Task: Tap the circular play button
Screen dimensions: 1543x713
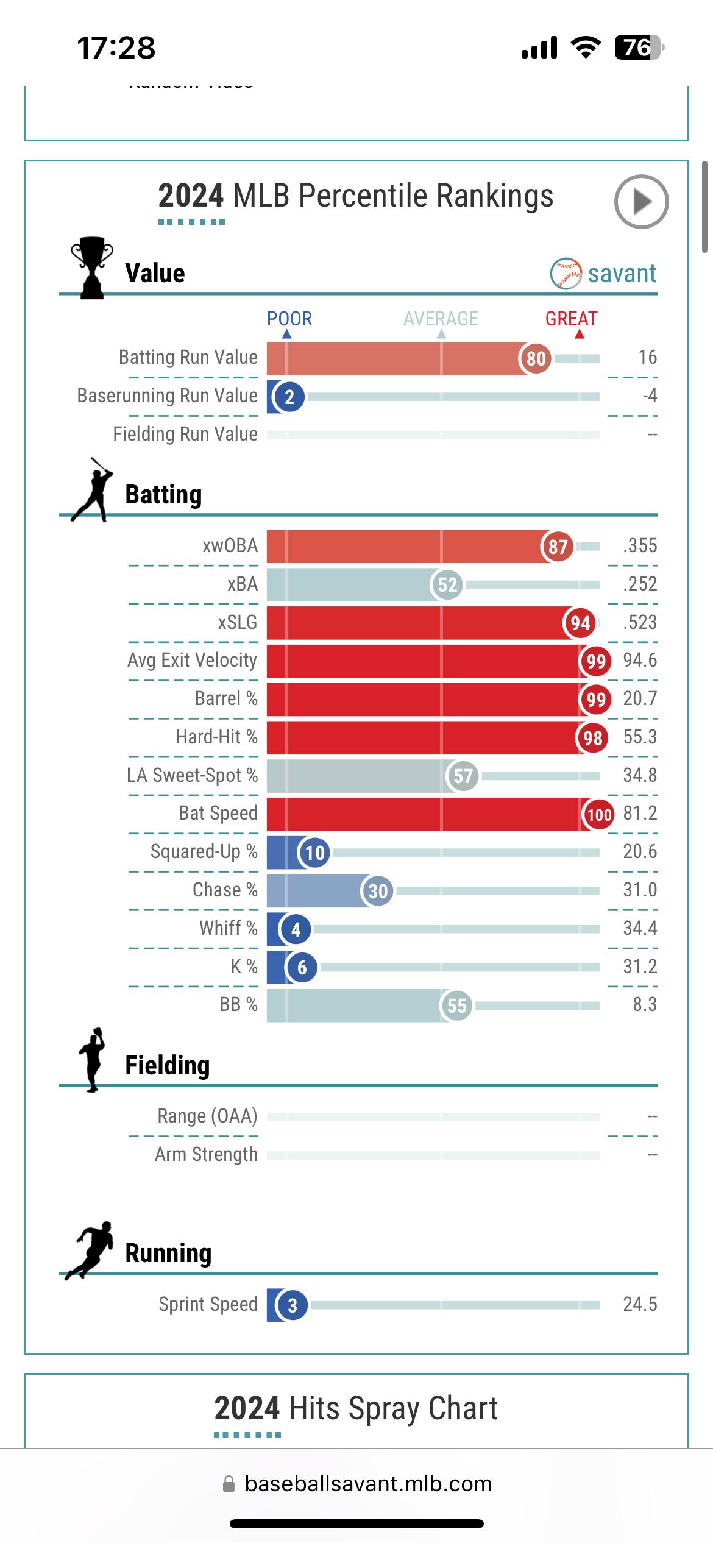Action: click(641, 202)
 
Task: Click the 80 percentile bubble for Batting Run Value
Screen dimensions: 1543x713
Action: click(536, 358)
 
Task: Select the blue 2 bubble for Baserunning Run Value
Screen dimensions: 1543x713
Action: click(289, 397)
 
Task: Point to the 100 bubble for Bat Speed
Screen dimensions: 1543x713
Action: click(598, 815)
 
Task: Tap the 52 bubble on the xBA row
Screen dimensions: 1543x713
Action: click(447, 585)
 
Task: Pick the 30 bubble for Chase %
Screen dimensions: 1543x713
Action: click(378, 891)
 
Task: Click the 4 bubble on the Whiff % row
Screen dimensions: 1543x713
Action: click(296, 929)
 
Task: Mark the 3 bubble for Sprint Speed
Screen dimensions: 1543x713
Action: click(292, 1305)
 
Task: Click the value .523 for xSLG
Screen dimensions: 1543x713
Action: click(640, 622)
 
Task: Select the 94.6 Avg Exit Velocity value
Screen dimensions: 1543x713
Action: click(640, 660)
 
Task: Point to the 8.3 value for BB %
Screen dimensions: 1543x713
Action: click(645, 1004)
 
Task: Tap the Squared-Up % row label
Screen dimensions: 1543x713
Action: click(204, 851)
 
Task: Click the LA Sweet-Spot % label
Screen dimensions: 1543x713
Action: click(192, 775)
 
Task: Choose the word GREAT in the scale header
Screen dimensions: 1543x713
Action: click(571, 319)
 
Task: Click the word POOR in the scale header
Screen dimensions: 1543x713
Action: click(289, 319)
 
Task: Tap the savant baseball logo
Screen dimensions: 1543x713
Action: click(566, 274)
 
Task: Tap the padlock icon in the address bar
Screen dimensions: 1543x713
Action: click(229, 1484)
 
